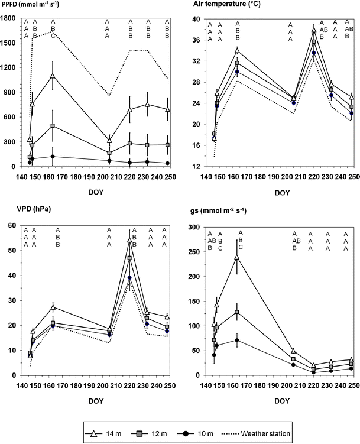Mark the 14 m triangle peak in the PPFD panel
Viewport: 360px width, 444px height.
coord(53,76)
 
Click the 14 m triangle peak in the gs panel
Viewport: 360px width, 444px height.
coord(238,257)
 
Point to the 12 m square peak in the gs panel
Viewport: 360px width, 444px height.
coord(238,312)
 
